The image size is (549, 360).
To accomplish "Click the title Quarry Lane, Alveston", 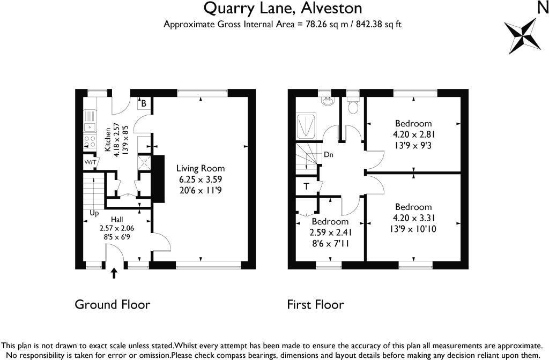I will (282, 8).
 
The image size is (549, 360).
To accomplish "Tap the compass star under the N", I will (520, 35).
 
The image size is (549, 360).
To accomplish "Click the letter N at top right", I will (542, 7).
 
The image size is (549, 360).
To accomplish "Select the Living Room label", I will (201, 168).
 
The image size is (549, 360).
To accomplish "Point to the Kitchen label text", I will (108, 140).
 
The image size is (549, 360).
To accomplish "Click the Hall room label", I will (117, 220).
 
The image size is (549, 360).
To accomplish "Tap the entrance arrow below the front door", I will (114, 274).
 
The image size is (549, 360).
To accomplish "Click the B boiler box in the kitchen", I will (144, 103).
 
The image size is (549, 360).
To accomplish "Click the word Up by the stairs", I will (94, 213).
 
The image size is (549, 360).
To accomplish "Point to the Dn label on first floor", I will (329, 155).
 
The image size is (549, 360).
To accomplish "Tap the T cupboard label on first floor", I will (306, 186).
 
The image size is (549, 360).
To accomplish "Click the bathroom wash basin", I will (327, 100).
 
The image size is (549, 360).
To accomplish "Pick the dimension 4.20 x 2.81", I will (413, 133).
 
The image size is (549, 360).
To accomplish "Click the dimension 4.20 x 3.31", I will (413, 217).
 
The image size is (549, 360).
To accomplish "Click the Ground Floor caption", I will (112, 305).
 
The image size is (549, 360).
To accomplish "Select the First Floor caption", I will (315, 305).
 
